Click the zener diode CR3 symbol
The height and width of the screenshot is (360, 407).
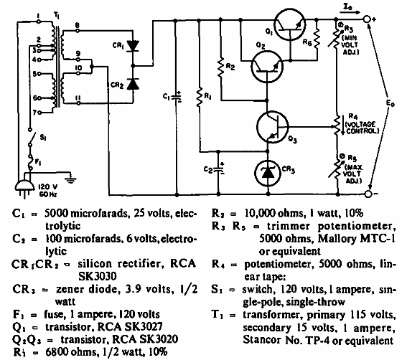point(270,172)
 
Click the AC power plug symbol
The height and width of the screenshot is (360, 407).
point(24,186)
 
